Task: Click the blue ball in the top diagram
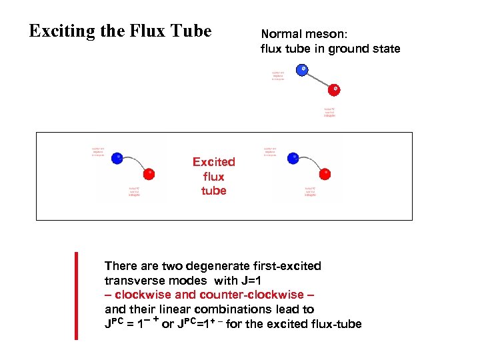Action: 303,69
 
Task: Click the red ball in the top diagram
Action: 335,89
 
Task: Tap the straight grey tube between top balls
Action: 319,79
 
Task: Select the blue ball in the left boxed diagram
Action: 117,159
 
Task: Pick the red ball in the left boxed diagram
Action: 149,174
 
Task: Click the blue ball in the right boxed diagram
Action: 293,159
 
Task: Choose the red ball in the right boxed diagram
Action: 325,174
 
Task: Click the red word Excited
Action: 213,162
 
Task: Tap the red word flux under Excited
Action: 213,177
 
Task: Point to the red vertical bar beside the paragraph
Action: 76,295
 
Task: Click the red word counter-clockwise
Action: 265,295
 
